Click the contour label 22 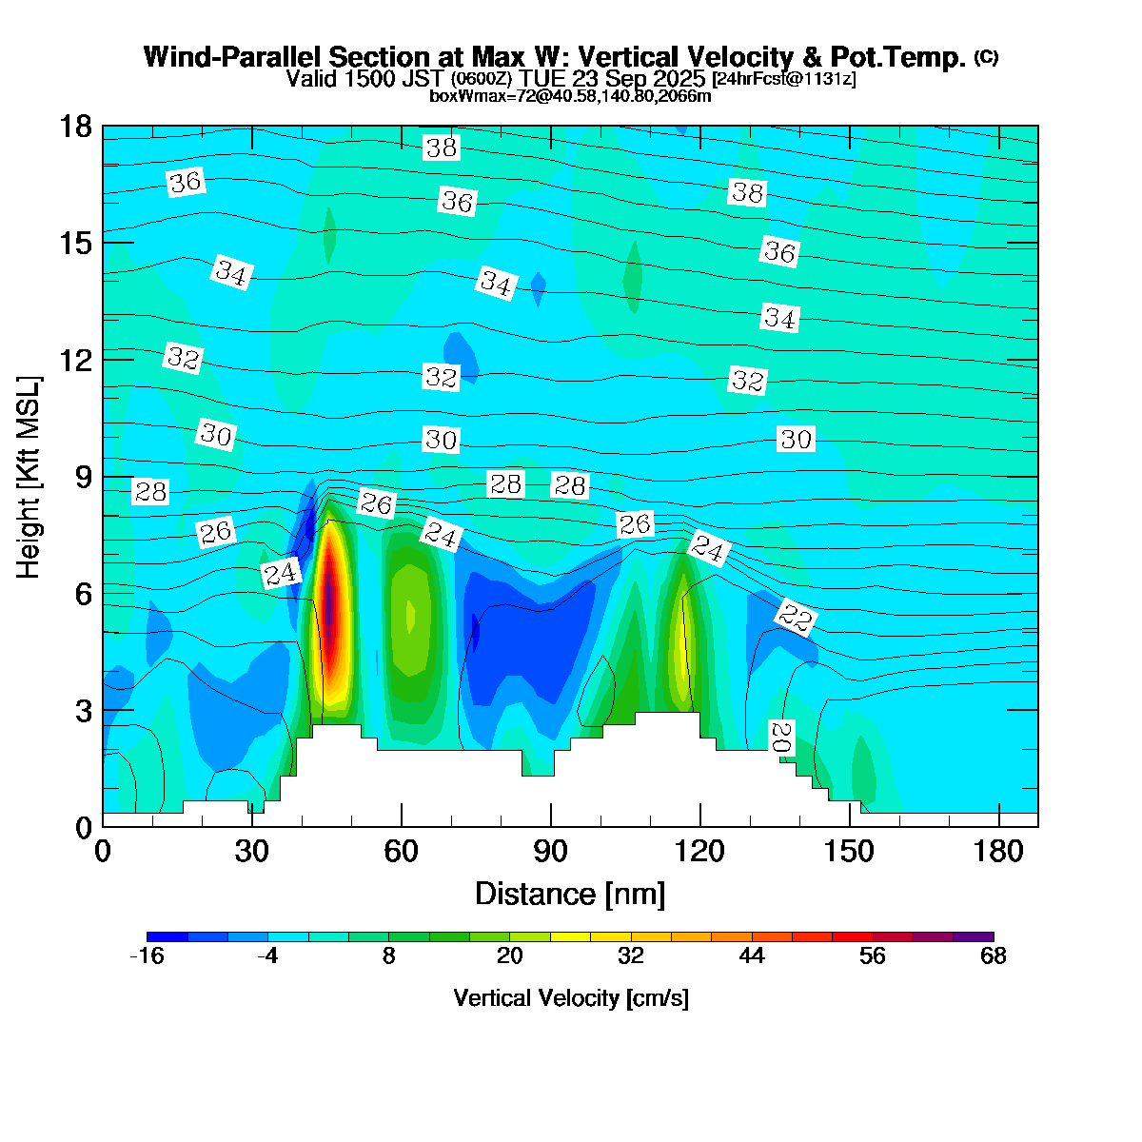pyautogui.click(x=795, y=619)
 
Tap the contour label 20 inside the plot pyautogui.click(x=780, y=736)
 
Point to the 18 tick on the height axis pyautogui.click(x=76, y=127)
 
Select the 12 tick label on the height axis pyautogui.click(x=76, y=360)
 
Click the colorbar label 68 pyautogui.click(x=993, y=956)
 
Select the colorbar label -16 pyautogui.click(x=147, y=956)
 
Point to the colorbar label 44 pyautogui.click(x=752, y=956)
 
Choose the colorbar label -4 pyautogui.click(x=267, y=956)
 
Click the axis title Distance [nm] pyautogui.click(x=569, y=895)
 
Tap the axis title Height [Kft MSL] pyautogui.click(x=30, y=477)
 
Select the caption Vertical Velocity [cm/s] pyautogui.click(x=571, y=998)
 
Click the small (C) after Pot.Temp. pyautogui.click(x=986, y=57)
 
